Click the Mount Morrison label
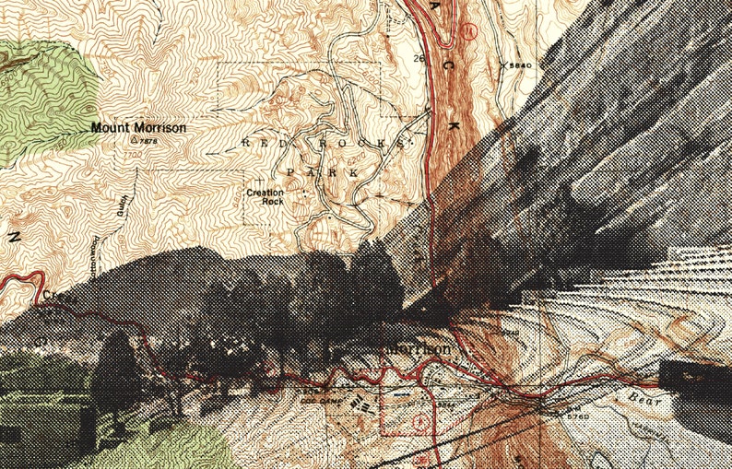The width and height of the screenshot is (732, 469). pos(138,128)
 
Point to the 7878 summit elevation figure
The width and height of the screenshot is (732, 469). pos(148,141)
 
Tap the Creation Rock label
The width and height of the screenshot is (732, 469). pos(264,195)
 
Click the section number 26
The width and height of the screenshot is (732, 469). pos(419,59)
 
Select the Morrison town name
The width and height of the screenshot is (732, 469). pos(419,350)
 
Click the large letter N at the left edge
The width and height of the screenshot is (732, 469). pos(13,236)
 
